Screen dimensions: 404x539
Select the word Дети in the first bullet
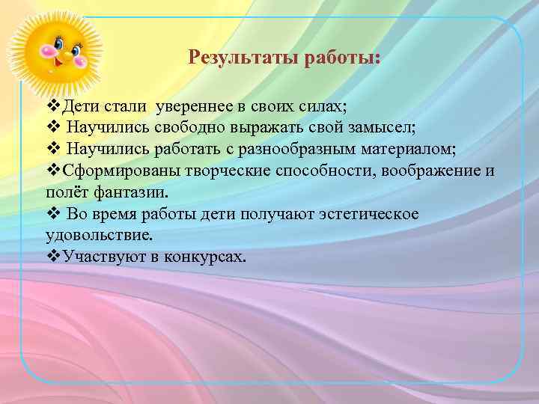80,103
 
